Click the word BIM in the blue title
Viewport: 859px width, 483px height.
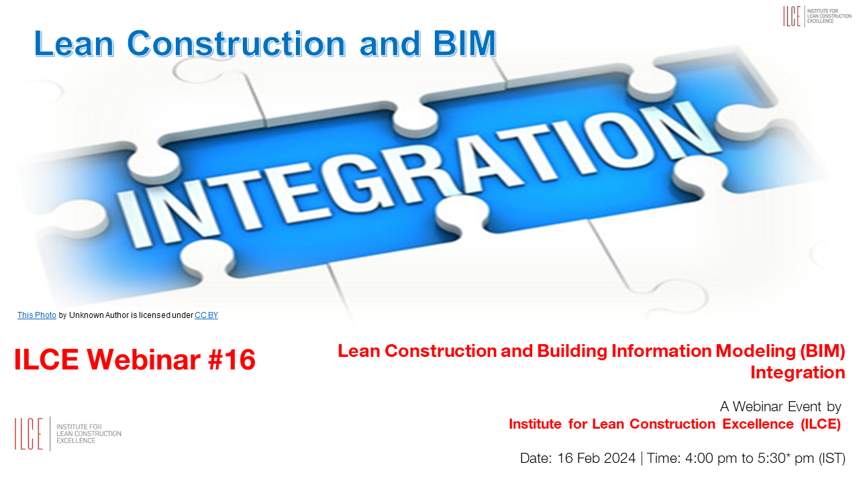click(x=465, y=44)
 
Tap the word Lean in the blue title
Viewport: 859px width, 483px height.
click(x=74, y=44)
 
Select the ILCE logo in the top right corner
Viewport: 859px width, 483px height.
click(x=817, y=16)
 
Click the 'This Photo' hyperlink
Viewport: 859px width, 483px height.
click(x=37, y=315)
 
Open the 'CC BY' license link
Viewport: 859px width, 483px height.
click(x=206, y=315)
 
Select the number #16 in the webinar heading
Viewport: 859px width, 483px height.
click(x=232, y=360)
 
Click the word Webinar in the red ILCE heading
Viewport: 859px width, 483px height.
click(x=144, y=360)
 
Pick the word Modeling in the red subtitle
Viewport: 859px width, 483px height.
click(x=756, y=351)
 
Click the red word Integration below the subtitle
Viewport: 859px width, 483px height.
click(x=798, y=372)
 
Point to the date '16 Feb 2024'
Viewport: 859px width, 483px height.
click(x=597, y=458)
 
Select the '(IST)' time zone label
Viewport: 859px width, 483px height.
click(x=831, y=458)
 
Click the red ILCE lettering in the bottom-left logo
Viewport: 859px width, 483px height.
click(x=29, y=433)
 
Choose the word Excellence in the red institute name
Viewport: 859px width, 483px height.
click(x=758, y=425)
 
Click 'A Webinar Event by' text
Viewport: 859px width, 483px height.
click(x=780, y=407)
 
